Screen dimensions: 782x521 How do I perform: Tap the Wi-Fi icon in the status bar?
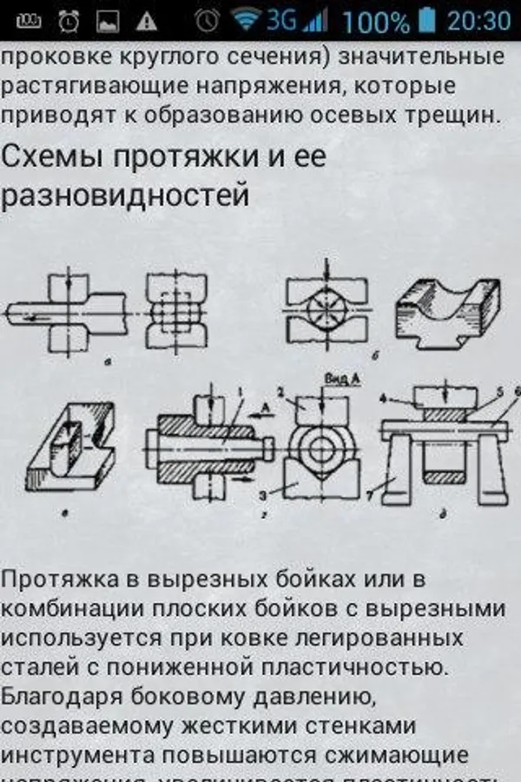pos(247,19)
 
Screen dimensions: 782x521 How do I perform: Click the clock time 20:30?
pos(479,20)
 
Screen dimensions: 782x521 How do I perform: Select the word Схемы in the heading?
pos(51,157)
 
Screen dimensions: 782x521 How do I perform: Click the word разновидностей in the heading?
pos(125,195)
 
